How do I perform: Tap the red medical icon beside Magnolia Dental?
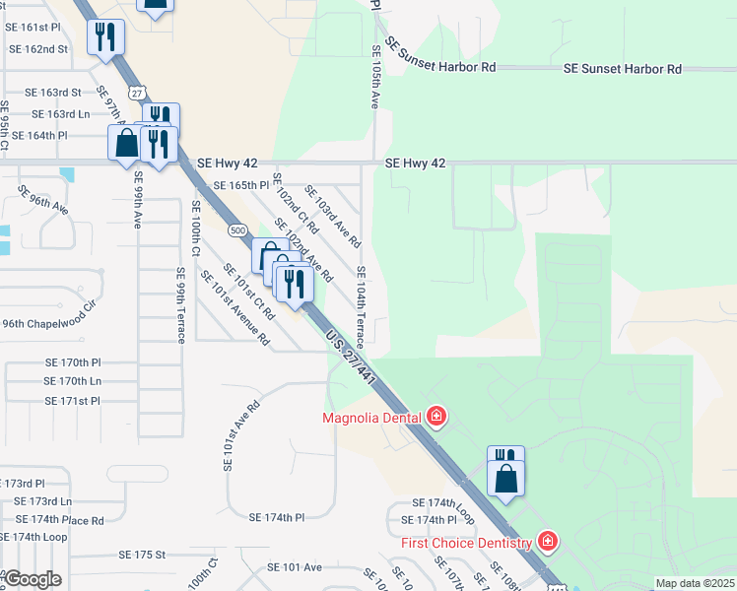436,418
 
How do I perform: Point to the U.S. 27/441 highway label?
351,358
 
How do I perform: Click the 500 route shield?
237,230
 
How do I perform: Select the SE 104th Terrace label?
361,305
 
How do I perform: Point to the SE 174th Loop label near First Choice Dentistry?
443,502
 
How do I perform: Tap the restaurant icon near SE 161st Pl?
105,38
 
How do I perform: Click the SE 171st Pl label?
72,401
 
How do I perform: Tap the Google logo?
32,578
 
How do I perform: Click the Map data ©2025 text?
695,583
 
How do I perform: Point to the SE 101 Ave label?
296,567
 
